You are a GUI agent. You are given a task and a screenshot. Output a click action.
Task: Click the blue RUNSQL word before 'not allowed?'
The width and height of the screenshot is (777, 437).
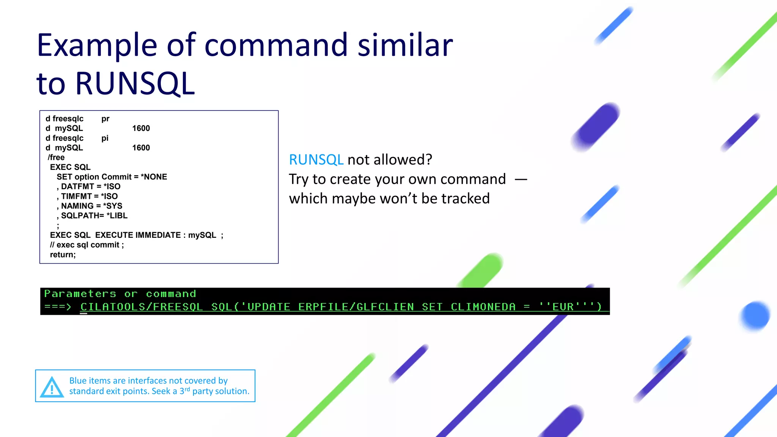[x=316, y=160]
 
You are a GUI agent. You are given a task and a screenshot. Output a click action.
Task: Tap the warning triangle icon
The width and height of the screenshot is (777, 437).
[x=52, y=387]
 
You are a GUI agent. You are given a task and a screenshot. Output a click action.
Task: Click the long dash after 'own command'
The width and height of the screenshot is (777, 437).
[x=521, y=179]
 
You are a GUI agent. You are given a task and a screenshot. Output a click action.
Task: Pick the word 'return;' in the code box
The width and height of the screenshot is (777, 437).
[x=63, y=255]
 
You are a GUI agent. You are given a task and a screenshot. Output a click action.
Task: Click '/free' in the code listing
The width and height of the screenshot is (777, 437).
[x=56, y=157]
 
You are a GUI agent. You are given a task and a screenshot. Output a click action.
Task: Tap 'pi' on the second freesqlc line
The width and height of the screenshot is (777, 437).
[x=105, y=138]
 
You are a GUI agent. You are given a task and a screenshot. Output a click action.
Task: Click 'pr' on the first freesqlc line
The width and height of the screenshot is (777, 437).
[x=105, y=119]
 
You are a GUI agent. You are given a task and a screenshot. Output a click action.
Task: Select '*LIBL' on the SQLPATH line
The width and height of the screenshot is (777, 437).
[x=117, y=216]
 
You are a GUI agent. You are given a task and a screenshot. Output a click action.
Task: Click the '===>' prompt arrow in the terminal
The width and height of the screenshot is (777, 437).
[x=58, y=307]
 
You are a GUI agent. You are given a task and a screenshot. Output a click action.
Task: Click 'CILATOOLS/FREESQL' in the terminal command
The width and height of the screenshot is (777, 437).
[x=142, y=307]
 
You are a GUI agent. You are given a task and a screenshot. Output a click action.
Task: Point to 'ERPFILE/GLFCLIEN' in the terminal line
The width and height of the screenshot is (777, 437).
[x=356, y=307]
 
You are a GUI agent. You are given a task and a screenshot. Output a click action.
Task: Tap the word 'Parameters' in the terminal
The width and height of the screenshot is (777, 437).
[x=80, y=294]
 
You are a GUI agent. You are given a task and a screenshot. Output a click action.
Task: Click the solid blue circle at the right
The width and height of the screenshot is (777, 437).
[x=755, y=316]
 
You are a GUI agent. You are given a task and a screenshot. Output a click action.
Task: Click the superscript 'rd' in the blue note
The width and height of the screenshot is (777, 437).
[x=187, y=389]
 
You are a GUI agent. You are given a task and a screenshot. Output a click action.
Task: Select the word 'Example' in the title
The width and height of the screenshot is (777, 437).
[x=97, y=46]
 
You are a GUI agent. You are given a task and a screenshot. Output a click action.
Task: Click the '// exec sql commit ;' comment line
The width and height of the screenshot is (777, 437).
[x=87, y=245]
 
